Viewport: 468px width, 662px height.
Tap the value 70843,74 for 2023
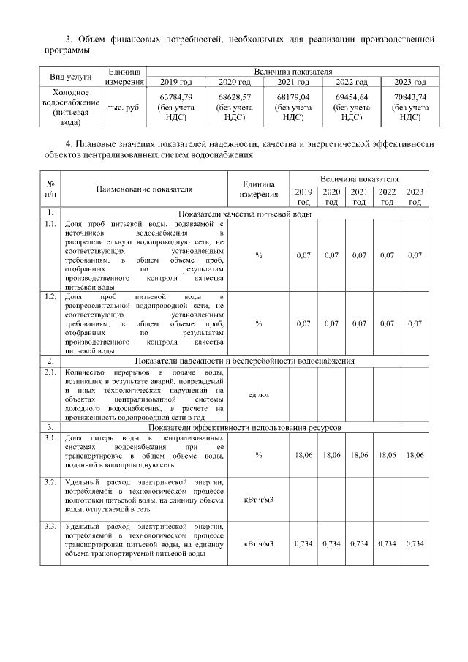coord(410,96)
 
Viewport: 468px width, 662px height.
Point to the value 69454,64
coord(352,96)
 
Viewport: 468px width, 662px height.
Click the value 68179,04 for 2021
coord(292,96)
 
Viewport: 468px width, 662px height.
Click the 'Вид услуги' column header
coord(71,76)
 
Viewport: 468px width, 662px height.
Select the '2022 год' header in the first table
coord(352,82)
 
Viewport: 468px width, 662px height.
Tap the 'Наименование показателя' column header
coord(144,189)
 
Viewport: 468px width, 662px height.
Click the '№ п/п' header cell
coord(50,189)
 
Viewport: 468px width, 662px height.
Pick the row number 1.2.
coord(50,297)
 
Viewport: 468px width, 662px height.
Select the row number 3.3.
coord(50,527)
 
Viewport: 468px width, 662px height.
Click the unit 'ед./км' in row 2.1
coord(259,395)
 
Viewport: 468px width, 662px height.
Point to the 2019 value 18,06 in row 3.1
coord(303,454)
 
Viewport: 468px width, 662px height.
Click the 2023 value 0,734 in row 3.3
coord(415,543)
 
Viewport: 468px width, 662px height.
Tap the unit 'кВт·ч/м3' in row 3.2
coord(259,500)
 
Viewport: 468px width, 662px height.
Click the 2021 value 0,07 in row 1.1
coord(359,255)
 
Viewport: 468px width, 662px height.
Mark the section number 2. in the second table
coord(50,361)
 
